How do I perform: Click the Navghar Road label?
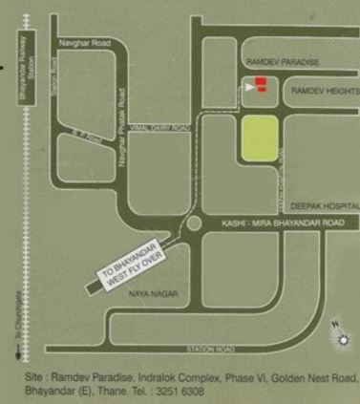pyautogui.click(x=79, y=43)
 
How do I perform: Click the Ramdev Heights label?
pyautogui.click(x=325, y=90)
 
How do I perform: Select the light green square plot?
pyautogui.click(x=259, y=138)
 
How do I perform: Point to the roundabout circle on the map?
pyautogui.click(x=194, y=223)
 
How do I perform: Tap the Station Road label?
pyautogui.click(x=212, y=350)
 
